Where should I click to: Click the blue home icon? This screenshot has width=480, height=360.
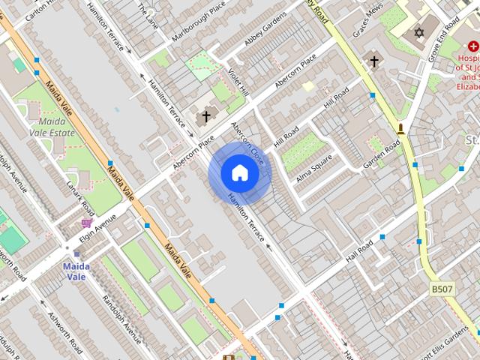pyautogui.click(x=239, y=173)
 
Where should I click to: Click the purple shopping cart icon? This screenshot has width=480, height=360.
pyautogui.click(x=87, y=223)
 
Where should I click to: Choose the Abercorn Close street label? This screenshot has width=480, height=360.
pyautogui.click(x=248, y=143)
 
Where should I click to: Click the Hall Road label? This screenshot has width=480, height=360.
pyautogui.click(x=359, y=253)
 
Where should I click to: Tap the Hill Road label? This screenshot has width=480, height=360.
pyautogui.click(x=286, y=136)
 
